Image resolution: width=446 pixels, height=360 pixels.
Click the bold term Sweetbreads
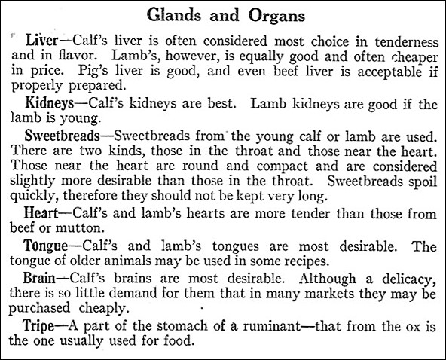[x=62, y=137]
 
